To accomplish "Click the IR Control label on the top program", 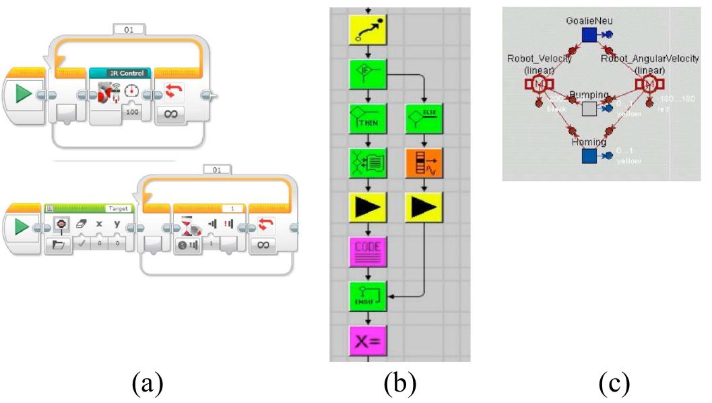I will click(121, 72).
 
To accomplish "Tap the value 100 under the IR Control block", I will click(131, 113).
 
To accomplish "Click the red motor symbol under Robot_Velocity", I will click(539, 84).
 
